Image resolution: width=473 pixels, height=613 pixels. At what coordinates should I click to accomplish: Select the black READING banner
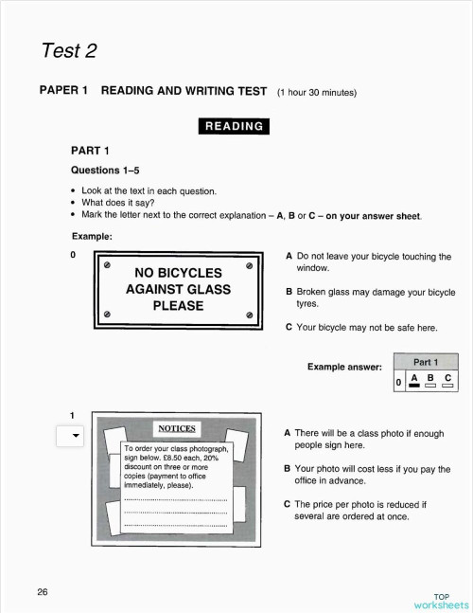pyautogui.click(x=234, y=126)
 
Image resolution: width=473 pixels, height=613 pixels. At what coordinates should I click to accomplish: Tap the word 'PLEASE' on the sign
pyautogui.click(x=178, y=305)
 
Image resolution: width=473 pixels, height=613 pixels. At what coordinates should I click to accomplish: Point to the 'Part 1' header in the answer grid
pyautogui.click(x=426, y=362)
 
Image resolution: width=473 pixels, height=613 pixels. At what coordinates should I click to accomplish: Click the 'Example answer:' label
pyautogui.click(x=345, y=367)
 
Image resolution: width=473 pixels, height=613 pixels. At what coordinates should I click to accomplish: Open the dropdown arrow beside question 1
pyautogui.click(x=71, y=436)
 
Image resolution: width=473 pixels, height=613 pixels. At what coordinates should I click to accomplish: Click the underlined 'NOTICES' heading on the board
pyautogui.click(x=176, y=428)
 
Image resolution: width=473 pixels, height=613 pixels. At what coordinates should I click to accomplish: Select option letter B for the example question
pyautogui.click(x=289, y=293)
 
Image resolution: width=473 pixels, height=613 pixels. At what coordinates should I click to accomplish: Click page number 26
pyautogui.click(x=43, y=592)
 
